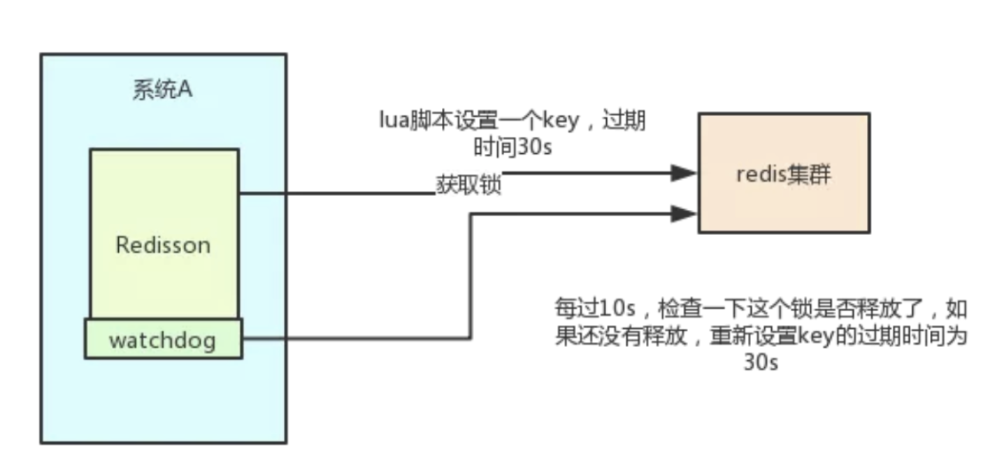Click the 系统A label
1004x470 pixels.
(x=162, y=91)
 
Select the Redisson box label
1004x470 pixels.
(x=163, y=245)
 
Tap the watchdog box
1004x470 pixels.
(x=163, y=340)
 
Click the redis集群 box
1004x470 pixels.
(x=784, y=173)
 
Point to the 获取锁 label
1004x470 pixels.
(x=468, y=186)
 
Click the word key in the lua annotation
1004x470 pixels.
(x=561, y=121)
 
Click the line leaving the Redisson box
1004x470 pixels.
(x=336, y=194)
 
